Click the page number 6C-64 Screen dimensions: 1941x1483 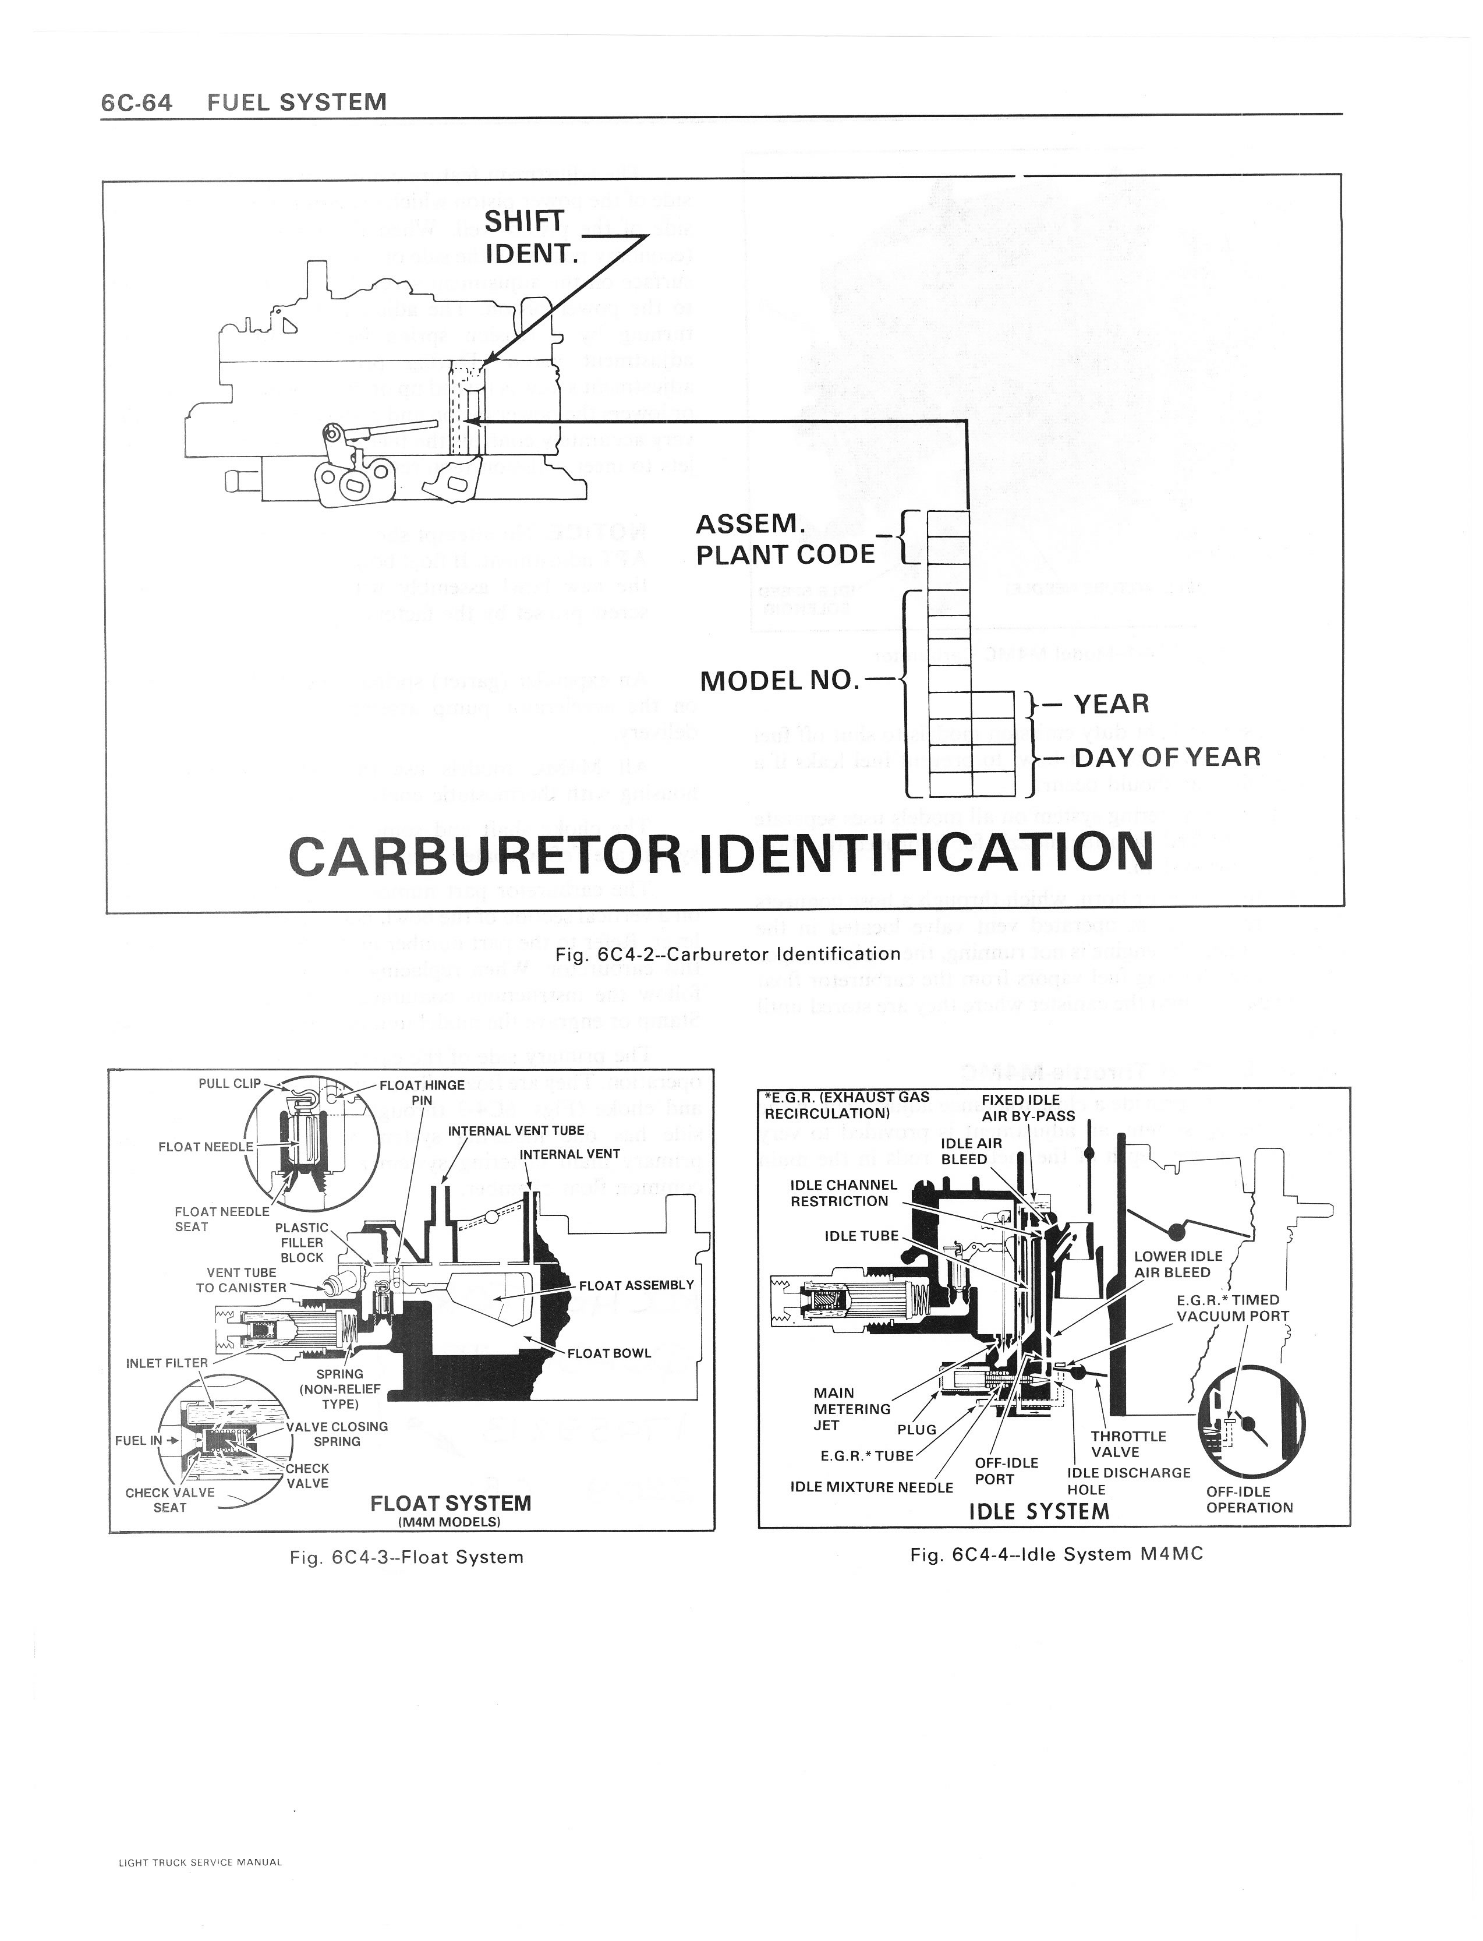[x=136, y=102]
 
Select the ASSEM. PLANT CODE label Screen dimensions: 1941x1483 [x=784, y=539]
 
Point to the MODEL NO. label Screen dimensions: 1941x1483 [x=778, y=681]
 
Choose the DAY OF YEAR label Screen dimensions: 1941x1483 [x=1167, y=756]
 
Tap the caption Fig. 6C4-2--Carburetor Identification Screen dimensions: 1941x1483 [x=727, y=953]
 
